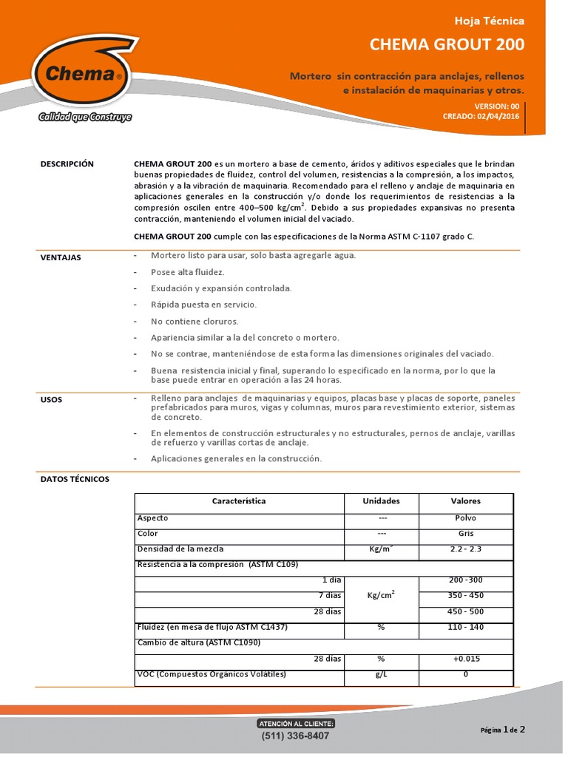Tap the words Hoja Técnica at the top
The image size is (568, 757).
tap(490, 21)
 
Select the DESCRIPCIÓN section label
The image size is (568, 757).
tap(67, 164)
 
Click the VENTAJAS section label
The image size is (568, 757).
tap(61, 258)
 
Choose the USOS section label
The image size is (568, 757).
tap(51, 400)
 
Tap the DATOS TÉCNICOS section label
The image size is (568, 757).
tap(74, 479)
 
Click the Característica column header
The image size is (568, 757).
tap(239, 501)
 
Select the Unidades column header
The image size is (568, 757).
tap(381, 501)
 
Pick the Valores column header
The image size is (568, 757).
tap(465, 501)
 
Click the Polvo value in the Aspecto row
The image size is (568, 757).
tap(465, 518)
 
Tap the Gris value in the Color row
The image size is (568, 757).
tap(465, 533)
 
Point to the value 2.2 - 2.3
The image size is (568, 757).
tap(465, 549)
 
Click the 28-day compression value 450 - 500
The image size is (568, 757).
tap(465, 611)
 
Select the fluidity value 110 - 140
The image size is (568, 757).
tap(465, 627)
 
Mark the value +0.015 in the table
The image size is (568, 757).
tap(465, 658)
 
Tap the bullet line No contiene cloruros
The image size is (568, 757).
tap(195, 322)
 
